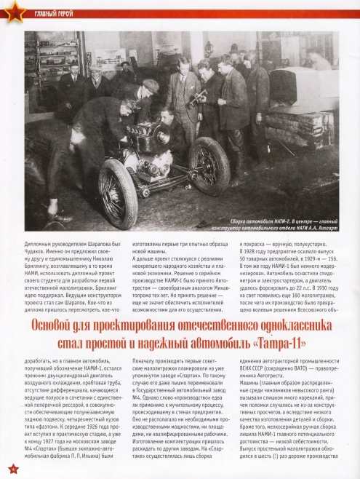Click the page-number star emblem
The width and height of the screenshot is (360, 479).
tap(11, 467)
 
